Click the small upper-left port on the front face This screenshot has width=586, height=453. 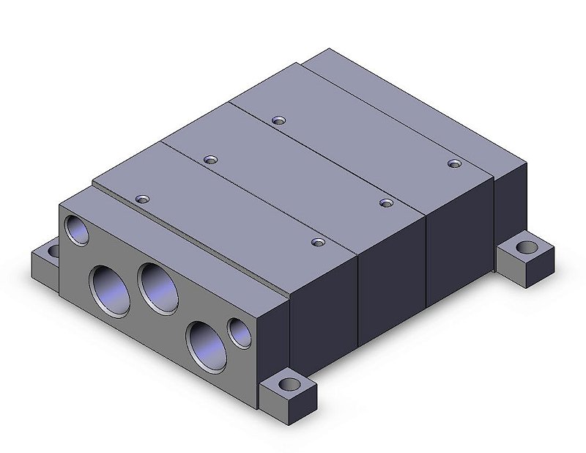[x=76, y=230]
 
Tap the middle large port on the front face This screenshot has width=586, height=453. [x=160, y=286]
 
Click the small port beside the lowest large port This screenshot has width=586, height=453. [x=240, y=332]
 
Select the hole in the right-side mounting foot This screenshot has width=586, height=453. [x=527, y=247]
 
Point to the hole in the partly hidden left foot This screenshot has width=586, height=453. [x=52, y=251]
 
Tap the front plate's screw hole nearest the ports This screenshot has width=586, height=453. [x=142, y=199]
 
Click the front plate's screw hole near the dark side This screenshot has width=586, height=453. [x=317, y=241]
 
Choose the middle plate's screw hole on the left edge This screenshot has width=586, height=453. [x=211, y=159]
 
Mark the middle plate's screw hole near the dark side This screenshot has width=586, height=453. [x=385, y=202]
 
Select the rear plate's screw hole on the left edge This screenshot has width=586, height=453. [x=276, y=120]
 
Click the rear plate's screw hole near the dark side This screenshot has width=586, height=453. [x=453, y=163]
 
